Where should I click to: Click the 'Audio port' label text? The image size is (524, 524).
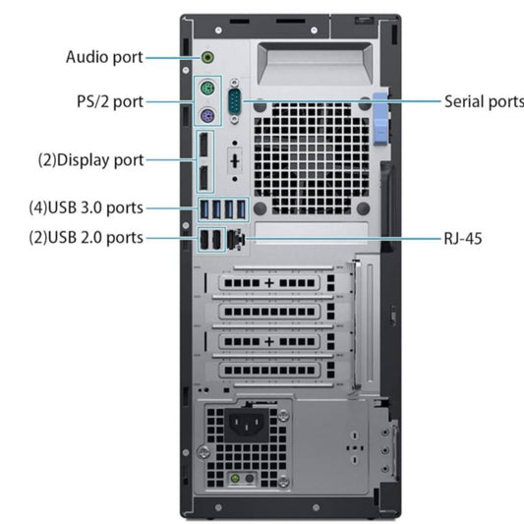pyautogui.click(x=104, y=57)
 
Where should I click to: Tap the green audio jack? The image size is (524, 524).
pyautogui.click(x=207, y=57)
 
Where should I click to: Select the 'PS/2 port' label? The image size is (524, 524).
pyautogui.click(x=110, y=101)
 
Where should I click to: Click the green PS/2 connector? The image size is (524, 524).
pyautogui.click(x=207, y=87)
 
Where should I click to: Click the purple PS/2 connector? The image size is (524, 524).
pyautogui.click(x=207, y=116)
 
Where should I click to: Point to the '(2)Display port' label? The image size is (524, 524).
pyautogui.click(x=90, y=160)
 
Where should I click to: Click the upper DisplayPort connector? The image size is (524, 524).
pyautogui.click(x=204, y=145)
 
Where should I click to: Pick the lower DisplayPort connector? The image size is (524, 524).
pyautogui.click(x=204, y=177)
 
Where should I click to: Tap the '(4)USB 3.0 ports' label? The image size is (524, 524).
pyautogui.click(x=87, y=207)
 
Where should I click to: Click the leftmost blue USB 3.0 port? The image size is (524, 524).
pyautogui.click(x=204, y=209)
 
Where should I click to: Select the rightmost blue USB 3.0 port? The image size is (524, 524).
pyautogui.click(x=241, y=209)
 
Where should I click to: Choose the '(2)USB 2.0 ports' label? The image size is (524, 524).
pyautogui.click(x=87, y=238)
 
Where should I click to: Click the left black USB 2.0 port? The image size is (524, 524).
pyautogui.click(x=204, y=240)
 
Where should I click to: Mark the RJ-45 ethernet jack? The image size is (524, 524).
pyautogui.click(x=236, y=239)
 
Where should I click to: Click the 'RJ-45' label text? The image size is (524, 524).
pyautogui.click(x=463, y=239)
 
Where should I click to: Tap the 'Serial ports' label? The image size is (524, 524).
pyautogui.click(x=484, y=101)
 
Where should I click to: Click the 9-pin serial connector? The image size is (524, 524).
pyautogui.click(x=235, y=101)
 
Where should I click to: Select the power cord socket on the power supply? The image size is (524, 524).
pyautogui.click(x=247, y=425)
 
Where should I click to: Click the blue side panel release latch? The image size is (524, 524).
pyautogui.click(x=380, y=119)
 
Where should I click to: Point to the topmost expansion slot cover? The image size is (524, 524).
pyautogui.click(x=269, y=283)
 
